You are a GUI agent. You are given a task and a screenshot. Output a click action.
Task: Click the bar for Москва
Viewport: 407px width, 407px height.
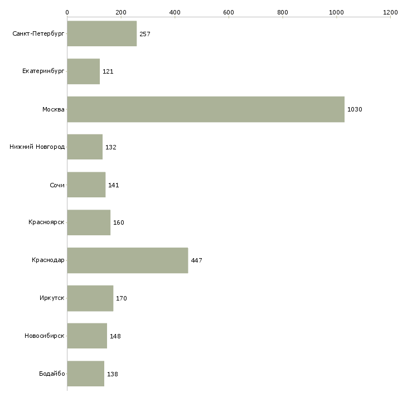(x=206, y=109)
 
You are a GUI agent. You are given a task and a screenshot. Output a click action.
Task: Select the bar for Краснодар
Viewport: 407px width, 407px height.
(x=128, y=260)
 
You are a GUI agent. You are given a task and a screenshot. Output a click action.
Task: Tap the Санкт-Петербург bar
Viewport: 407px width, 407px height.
(x=102, y=34)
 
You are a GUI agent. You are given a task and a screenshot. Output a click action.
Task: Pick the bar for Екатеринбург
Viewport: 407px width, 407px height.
(x=84, y=71)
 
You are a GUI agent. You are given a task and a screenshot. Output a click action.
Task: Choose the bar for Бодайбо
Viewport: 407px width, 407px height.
(x=86, y=374)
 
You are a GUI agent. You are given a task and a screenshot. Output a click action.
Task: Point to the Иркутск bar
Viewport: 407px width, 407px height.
(x=90, y=298)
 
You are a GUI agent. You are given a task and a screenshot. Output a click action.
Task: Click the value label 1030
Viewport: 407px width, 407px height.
(x=355, y=109)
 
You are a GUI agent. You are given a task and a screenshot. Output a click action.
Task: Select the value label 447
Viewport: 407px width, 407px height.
(x=196, y=260)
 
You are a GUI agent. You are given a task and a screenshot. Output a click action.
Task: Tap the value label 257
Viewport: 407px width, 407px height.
(x=145, y=34)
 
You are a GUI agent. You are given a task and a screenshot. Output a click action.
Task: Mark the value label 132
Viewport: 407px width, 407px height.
(x=111, y=147)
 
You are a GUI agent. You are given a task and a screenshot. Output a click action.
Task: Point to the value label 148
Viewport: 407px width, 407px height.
(x=115, y=336)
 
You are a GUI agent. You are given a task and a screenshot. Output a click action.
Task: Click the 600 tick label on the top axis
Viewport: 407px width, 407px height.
(x=229, y=12)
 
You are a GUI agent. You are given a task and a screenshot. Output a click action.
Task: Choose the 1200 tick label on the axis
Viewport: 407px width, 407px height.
(x=390, y=12)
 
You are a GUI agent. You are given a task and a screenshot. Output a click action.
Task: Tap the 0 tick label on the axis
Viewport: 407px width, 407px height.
(x=67, y=12)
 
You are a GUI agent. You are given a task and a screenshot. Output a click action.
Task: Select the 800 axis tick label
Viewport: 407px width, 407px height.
(x=283, y=12)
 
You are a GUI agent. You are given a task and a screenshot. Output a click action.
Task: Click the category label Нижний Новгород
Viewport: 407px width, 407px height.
(x=37, y=147)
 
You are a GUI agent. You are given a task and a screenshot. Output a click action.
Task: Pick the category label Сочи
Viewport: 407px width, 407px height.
(x=57, y=185)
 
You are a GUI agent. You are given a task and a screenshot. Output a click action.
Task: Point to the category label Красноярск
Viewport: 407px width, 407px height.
(x=46, y=222)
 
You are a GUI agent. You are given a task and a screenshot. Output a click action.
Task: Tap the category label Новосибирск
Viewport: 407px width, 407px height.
(x=45, y=336)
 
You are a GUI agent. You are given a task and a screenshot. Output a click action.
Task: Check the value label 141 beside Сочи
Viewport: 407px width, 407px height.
(x=113, y=185)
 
